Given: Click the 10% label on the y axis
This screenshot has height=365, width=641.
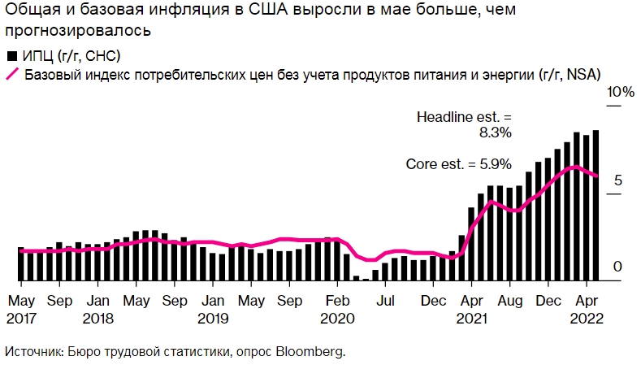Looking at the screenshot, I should click(622, 92).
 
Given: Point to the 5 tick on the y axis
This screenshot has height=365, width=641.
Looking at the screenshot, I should click(618, 180).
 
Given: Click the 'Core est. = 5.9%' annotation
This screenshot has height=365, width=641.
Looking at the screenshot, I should click(458, 164).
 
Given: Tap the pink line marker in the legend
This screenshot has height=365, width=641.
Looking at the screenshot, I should click(11, 75).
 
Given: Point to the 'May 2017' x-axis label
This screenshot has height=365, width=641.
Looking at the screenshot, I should click(21, 307).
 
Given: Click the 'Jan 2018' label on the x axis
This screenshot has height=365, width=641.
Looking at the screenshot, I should click(97, 307).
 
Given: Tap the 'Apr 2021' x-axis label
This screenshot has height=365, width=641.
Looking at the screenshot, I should click(471, 307).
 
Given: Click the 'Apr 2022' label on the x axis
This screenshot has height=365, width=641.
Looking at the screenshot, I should click(587, 307).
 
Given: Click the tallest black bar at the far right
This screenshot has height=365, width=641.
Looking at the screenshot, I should click(596, 205).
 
